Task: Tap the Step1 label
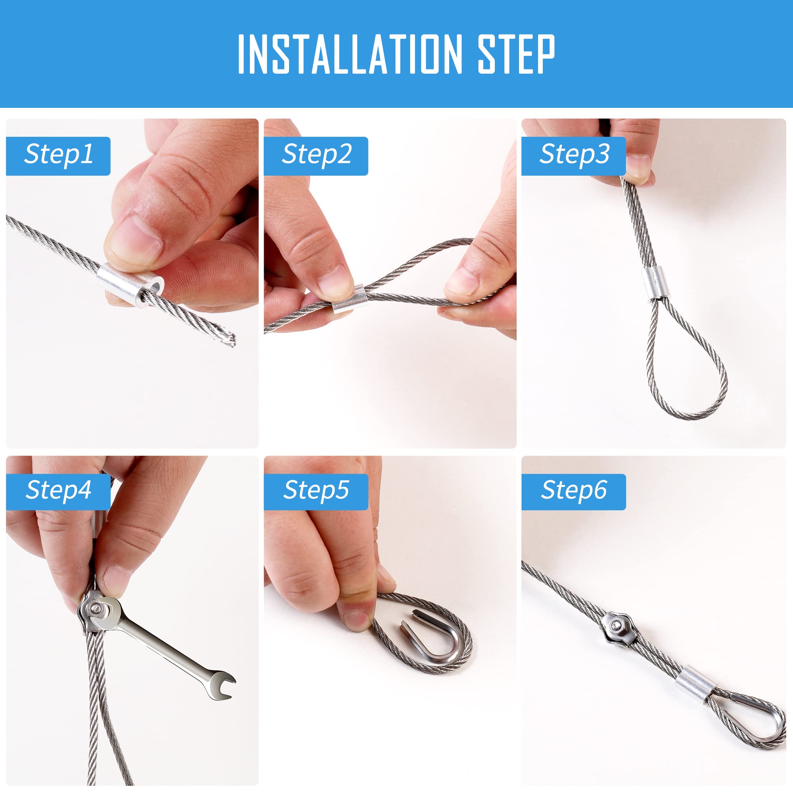59,155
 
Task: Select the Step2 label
316,155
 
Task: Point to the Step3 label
574,155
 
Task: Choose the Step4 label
59,490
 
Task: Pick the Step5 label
316,490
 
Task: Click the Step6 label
574,490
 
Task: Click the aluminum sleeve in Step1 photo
130,284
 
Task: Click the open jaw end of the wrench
221,685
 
